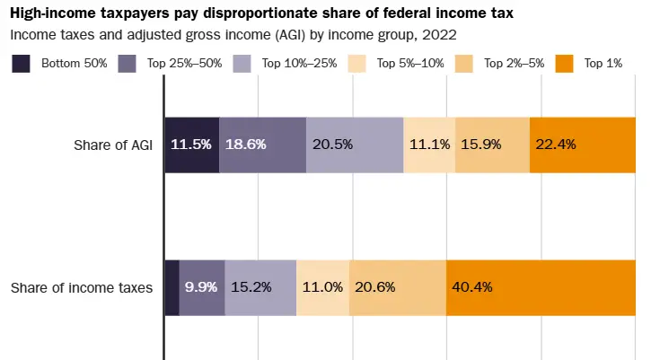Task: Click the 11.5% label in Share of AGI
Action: pyautogui.click(x=190, y=144)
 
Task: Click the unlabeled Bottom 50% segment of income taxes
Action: pyautogui.click(x=172, y=288)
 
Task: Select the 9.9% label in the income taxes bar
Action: pyautogui.click(x=201, y=288)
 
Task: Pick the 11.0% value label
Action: pyautogui.click(x=322, y=288)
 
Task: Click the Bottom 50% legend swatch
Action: pyautogui.click(x=21, y=63)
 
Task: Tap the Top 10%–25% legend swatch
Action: pyautogui.click(x=242, y=63)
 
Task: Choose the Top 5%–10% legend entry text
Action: pyautogui.click(x=409, y=63)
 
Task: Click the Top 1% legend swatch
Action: pyautogui.click(x=565, y=63)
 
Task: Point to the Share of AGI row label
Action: pyautogui.click(x=113, y=144)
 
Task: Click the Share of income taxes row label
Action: pyautogui.click(x=82, y=288)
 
